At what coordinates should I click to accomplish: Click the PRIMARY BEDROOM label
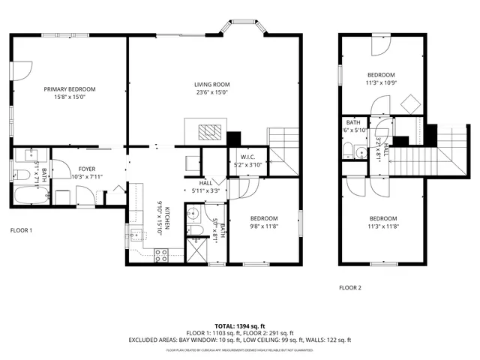pyautogui.click(x=70, y=88)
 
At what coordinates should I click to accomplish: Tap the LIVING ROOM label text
pyautogui.click(x=212, y=84)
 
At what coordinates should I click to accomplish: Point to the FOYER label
pyautogui.click(x=87, y=169)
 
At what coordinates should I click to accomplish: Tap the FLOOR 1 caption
pyautogui.click(x=21, y=230)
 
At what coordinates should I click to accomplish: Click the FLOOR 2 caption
pyautogui.click(x=349, y=287)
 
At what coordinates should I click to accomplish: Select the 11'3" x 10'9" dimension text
pyautogui.click(x=381, y=82)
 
